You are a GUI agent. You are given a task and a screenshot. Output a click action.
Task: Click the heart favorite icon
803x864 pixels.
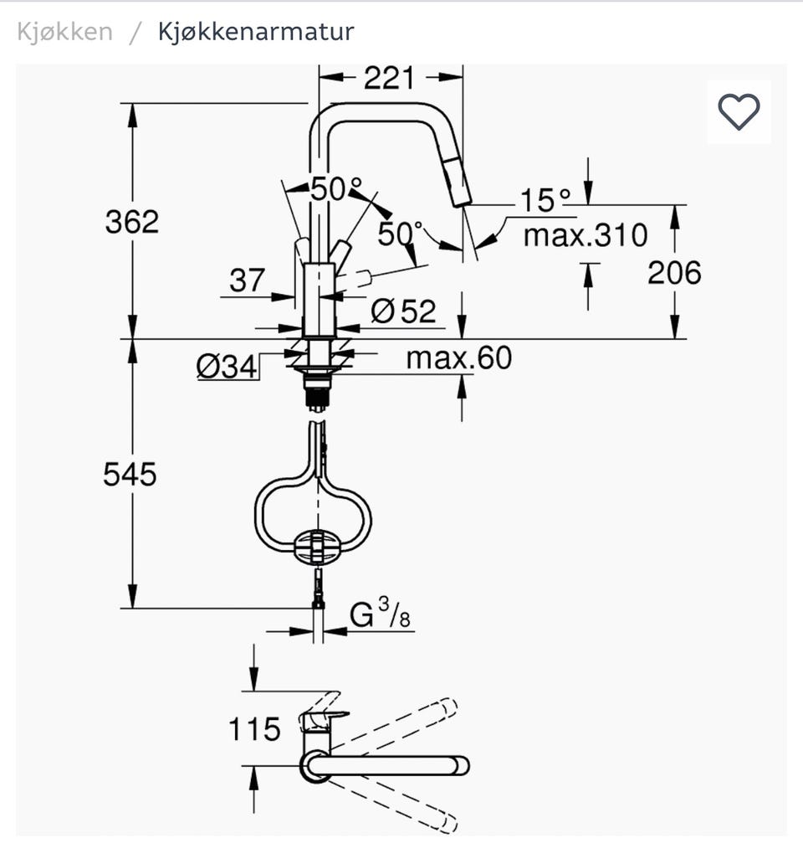coord(739,112)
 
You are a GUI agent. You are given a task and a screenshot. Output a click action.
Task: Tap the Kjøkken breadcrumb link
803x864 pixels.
coord(65,32)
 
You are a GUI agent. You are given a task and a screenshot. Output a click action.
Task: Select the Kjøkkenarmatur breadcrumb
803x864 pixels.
coord(256,32)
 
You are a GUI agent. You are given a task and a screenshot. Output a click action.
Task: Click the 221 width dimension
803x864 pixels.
coord(389,78)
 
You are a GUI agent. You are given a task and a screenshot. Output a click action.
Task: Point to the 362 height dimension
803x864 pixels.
coord(132,222)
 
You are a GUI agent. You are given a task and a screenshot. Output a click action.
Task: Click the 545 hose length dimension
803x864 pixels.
coord(130,474)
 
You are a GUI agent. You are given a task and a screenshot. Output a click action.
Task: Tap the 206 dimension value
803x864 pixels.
coord(675,273)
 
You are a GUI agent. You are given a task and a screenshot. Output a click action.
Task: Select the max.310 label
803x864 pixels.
coord(586,235)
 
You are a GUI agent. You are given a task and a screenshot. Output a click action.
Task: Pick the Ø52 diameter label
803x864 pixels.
coord(403,311)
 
